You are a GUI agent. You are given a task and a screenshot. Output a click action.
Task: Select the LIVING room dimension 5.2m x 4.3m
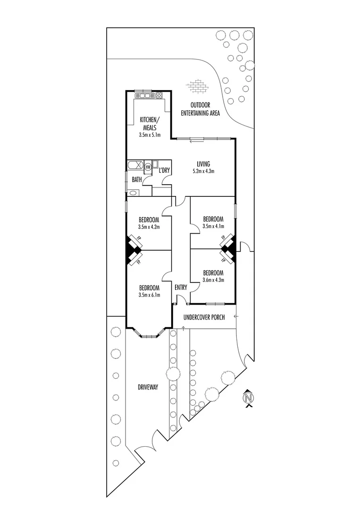tap(203, 171)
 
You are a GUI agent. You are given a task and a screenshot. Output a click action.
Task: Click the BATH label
tap(137, 179)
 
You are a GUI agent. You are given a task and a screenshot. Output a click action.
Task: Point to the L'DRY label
tap(164, 170)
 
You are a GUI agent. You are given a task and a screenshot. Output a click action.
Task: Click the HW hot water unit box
tap(148, 166)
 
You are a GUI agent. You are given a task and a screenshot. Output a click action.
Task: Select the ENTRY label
tap(181, 287)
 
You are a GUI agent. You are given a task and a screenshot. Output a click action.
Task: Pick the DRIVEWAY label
tap(147, 387)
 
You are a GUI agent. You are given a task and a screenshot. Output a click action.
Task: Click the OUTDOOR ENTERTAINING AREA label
tap(200, 109)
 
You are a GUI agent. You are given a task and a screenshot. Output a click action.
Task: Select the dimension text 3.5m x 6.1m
tap(149, 295)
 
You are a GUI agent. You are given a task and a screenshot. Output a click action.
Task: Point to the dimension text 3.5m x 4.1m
tap(213, 226)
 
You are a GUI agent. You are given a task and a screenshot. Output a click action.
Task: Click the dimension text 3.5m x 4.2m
tap(149, 227)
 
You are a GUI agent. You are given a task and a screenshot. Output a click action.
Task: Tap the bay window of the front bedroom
tap(149, 336)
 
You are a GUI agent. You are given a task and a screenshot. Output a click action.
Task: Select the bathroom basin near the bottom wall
tap(132, 193)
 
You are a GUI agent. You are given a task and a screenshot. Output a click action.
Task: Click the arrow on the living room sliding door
tap(193, 140)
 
